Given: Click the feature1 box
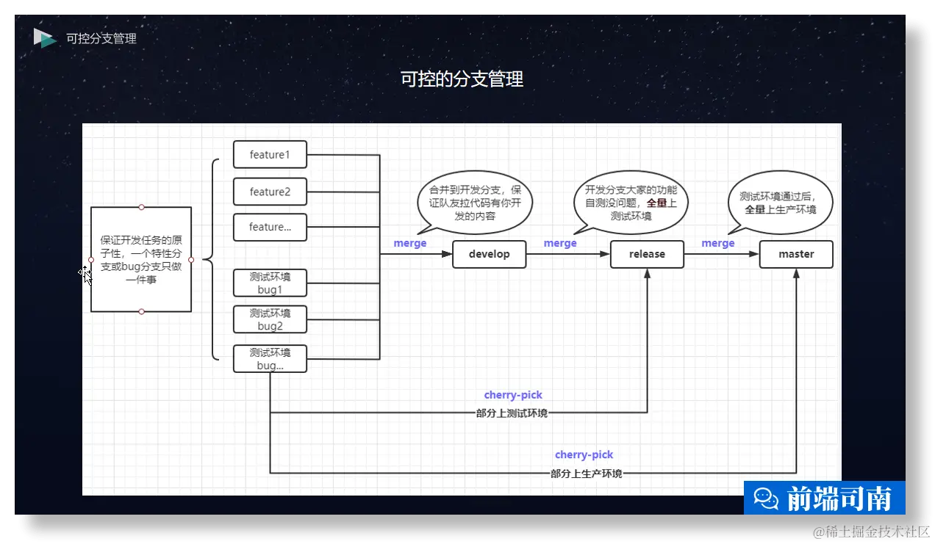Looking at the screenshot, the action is click(x=270, y=155).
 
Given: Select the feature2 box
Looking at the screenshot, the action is click(x=270, y=192).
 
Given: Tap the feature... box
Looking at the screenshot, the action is click(x=270, y=227).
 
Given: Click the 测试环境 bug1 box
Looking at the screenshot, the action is click(x=270, y=283).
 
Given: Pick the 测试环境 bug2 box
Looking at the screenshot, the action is click(x=270, y=319).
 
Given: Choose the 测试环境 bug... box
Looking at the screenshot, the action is click(x=270, y=358).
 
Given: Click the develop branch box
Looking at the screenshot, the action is click(x=490, y=254).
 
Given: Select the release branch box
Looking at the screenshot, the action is click(x=647, y=254).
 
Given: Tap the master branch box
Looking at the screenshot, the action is click(x=796, y=254).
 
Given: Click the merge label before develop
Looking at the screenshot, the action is click(x=410, y=243).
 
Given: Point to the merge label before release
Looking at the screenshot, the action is click(x=560, y=243).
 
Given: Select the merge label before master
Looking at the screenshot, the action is click(x=718, y=243).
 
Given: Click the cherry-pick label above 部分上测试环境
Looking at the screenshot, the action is click(x=513, y=395).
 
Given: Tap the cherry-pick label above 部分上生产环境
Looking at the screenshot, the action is click(x=584, y=454).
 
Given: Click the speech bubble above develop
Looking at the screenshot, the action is click(x=475, y=202).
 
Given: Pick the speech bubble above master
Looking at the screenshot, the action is click(x=780, y=202).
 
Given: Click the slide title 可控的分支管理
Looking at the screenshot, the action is click(x=462, y=79).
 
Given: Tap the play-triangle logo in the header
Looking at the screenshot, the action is click(x=44, y=38).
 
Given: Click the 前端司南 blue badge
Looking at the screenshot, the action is click(x=825, y=498).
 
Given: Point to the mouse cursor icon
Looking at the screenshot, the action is click(x=85, y=275).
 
